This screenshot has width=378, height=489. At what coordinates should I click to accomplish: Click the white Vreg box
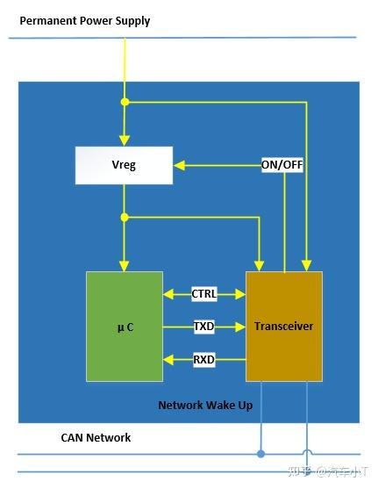tap(124, 165)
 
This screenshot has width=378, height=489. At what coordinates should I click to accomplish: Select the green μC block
tap(124, 327)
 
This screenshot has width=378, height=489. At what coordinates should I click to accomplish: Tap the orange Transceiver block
tap(283, 327)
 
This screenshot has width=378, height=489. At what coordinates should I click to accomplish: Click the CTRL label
tap(204, 294)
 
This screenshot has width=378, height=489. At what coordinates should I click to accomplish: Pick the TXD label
tap(204, 327)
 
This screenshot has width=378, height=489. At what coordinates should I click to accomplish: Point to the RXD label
tap(204, 359)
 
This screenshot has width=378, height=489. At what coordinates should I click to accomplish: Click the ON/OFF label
tap(282, 164)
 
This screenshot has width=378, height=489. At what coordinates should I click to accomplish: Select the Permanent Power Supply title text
tap(85, 21)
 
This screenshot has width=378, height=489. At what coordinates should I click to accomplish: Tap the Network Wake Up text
tap(205, 406)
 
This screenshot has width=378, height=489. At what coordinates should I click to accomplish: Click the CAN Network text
tap(96, 437)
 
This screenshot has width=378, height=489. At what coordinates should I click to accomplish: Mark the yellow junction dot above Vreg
tap(125, 103)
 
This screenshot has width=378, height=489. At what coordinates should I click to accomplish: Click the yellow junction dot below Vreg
tap(125, 217)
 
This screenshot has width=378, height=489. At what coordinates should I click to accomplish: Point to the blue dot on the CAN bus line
tap(260, 455)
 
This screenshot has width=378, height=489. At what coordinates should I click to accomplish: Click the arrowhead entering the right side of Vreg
tap(178, 164)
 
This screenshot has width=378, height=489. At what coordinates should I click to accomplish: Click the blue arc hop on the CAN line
tap(306, 453)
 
